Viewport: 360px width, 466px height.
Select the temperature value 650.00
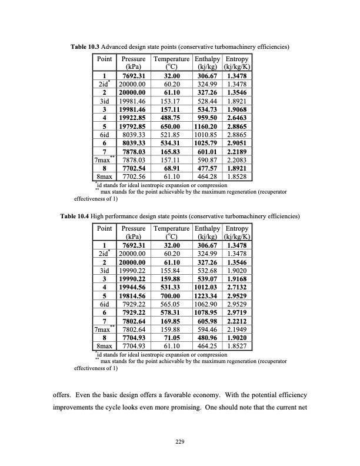pyautogui.click(x=171, y=125)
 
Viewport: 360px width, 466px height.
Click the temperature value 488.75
pyautogui.click(x=171, y=117)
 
